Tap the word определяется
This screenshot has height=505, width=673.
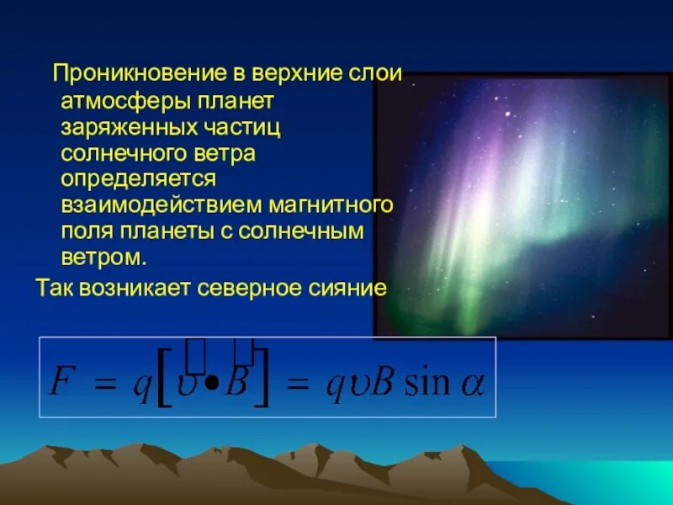[x=138, y=179]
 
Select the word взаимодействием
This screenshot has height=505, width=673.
[x=161, y=205]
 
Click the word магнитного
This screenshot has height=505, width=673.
[x=332, y=205]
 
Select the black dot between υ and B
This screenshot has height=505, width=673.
[x=212, y=383]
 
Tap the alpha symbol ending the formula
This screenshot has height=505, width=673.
[x=472, y=385]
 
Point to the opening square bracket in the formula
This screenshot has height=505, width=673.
[x=164, y=383]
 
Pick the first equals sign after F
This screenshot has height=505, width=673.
[x=104, y=385]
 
